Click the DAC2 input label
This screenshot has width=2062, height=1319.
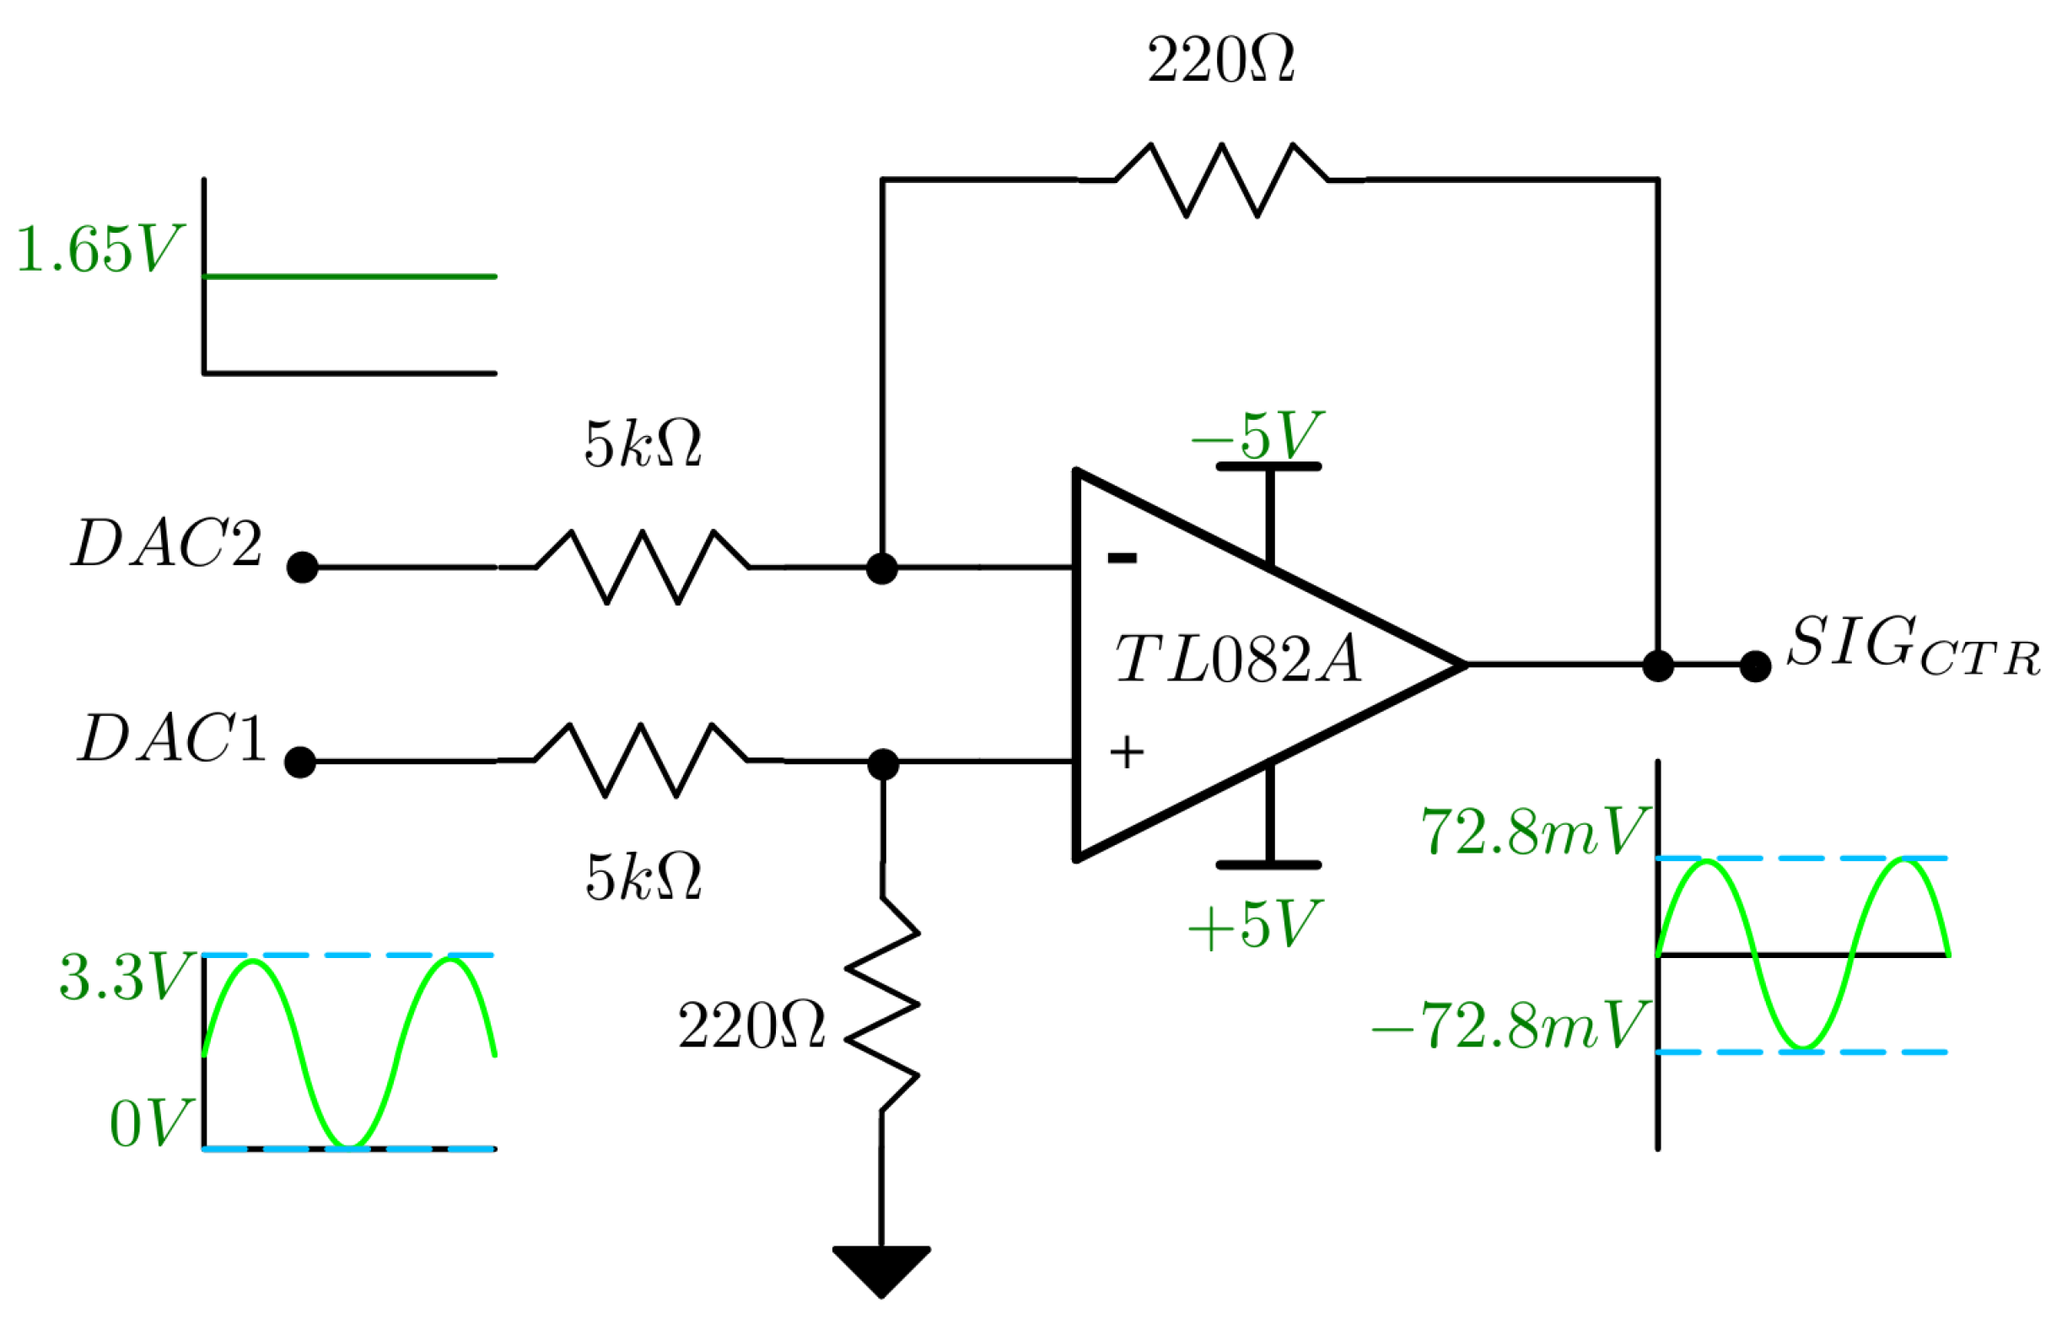coord(166,544)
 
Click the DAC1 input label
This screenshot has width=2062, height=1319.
coord(171,738)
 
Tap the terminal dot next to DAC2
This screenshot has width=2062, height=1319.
coord(302,568)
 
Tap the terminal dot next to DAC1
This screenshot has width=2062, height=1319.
coord(300,762)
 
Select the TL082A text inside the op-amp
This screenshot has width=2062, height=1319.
coord(1238,660)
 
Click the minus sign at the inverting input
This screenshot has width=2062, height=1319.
coord(1122,558)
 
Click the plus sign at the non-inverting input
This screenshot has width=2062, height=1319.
coord(1126,753)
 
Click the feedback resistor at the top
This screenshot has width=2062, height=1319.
coord(1221,180)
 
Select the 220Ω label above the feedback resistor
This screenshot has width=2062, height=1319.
coord(1220,62)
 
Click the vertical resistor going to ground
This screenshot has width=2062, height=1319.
coord(882,1004)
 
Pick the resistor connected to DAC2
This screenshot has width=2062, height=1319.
coord(643,567)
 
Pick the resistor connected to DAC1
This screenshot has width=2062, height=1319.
coord(640,761)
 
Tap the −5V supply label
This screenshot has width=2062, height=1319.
coord(1257,437)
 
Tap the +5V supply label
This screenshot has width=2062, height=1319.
coord(1255,926)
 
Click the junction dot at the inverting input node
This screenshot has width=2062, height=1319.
coord(882,568)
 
